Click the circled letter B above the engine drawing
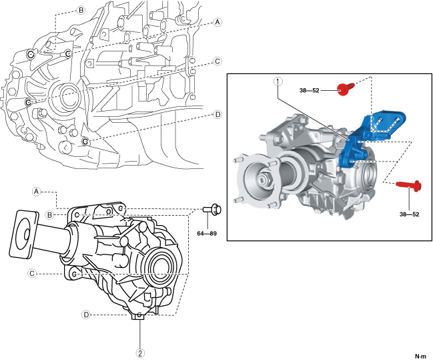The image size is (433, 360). (80, 11)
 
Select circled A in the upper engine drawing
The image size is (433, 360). (218, 22)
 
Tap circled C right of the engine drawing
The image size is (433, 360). (218, 61)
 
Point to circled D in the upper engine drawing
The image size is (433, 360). (218, 115)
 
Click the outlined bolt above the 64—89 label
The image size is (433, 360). (213, 210)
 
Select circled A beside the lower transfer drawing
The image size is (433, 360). (37, 191)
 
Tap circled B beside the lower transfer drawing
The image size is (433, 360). (49, 214)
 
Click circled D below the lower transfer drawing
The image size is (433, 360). (86, 314)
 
